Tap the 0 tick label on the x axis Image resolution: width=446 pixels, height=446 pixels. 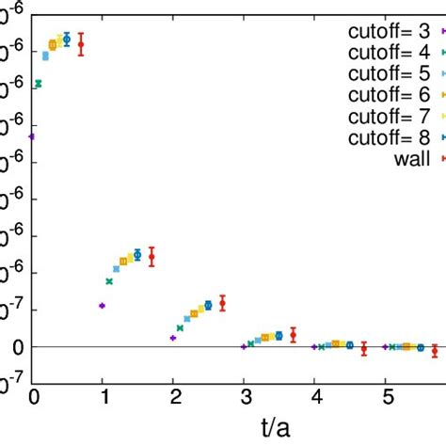[x=33, y=396]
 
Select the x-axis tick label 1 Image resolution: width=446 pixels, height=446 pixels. [x=104, y=396]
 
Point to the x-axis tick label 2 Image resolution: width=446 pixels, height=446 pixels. [x=174, y=396]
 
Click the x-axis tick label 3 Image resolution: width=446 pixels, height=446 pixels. [x=245, y=396]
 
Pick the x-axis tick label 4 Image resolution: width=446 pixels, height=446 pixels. [x=315, y=396]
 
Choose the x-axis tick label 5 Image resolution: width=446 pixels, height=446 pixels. [x=386, y=396]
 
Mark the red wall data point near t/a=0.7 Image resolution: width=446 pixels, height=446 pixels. [x=81, y=44]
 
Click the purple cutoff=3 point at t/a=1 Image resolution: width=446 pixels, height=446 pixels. [x=102, y=306]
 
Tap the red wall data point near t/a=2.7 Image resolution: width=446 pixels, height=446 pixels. [x=222, y=302]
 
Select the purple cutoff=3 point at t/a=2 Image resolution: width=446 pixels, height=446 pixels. [x=173, y=338]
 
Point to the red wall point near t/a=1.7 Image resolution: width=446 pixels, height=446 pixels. [x=151, y=257]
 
